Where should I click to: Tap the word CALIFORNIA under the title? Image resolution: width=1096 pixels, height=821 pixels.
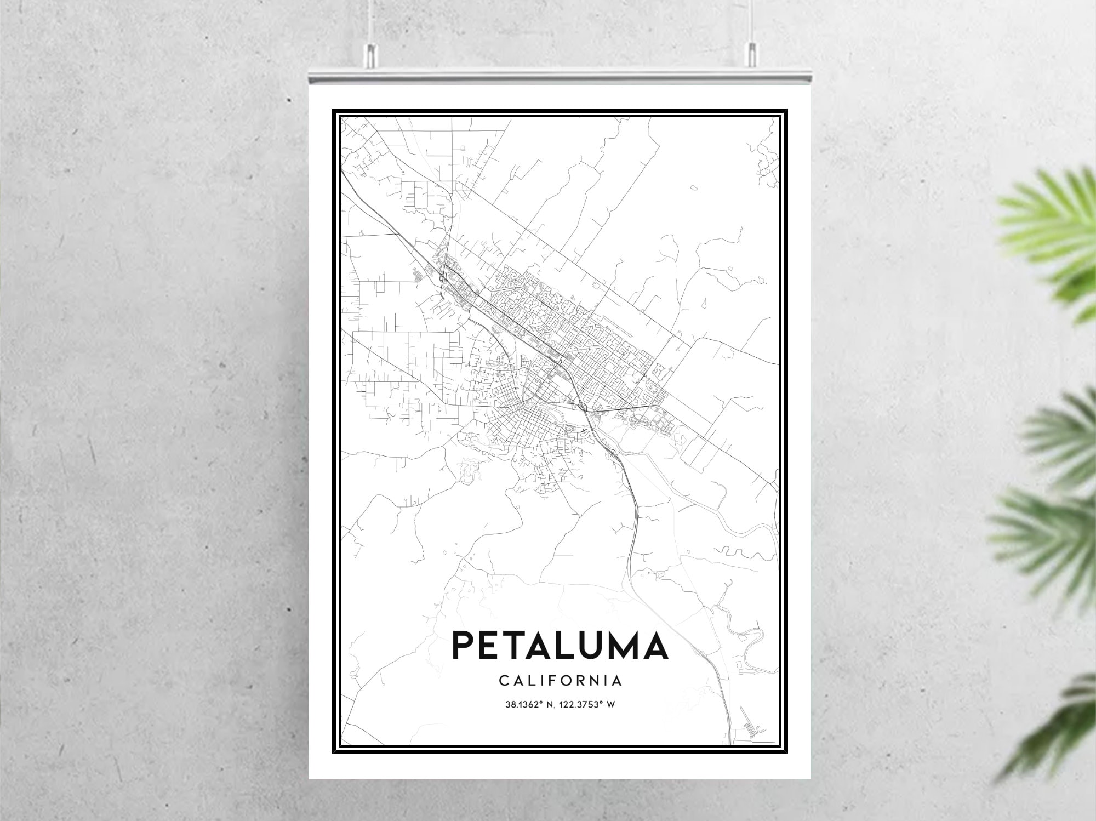(560, 681)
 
